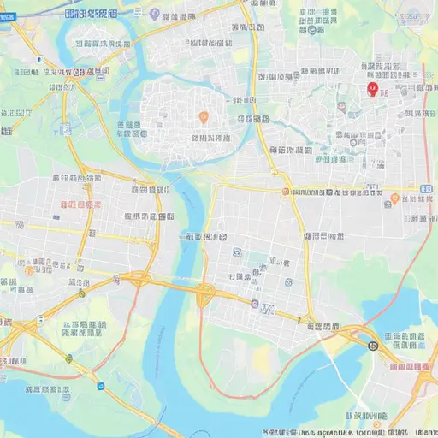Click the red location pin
point(371,88)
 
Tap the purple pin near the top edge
point(154,14)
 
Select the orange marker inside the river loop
point(203,116)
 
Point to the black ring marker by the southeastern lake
point(373,346)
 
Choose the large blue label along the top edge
point(92,14)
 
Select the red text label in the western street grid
point(81,204)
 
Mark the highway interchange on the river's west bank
point(137,278)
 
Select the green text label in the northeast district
point(331,159)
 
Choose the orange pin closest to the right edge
point(394,198)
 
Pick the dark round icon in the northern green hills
point(311,29)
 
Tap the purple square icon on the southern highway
point(254,304)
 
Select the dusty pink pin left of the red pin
point(341,107)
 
